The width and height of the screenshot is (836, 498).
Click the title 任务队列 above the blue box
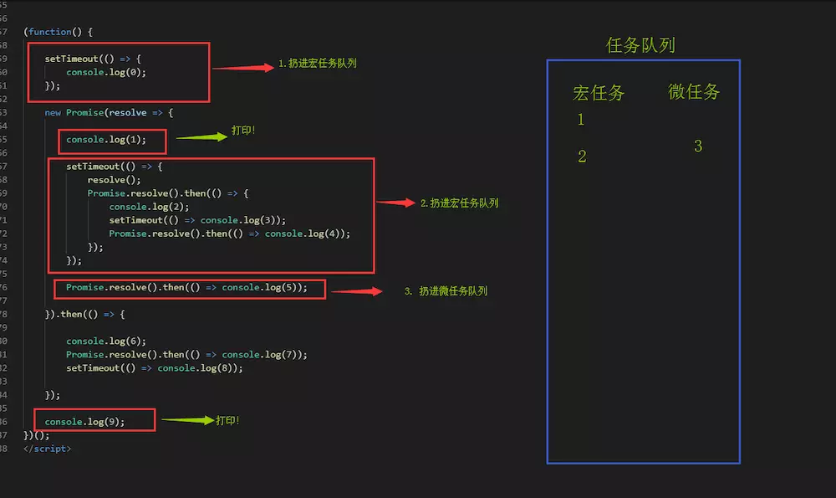640,45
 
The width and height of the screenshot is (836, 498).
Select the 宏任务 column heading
599,92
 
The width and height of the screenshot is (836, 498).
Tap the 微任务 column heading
694,91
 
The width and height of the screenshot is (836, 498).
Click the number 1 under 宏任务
581,120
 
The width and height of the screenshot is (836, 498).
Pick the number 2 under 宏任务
582,157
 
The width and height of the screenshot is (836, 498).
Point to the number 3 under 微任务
698,146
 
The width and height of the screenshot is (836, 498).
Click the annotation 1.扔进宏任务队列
318,64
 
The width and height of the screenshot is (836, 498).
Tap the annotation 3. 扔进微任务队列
446,291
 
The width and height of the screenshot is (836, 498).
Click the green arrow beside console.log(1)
201,137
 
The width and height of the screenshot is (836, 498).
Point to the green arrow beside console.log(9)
187,420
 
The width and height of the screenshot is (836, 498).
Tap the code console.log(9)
84,421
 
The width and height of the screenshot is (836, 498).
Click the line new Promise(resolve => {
109,112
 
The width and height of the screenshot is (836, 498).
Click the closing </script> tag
48,449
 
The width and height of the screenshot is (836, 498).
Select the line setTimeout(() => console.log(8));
155,367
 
